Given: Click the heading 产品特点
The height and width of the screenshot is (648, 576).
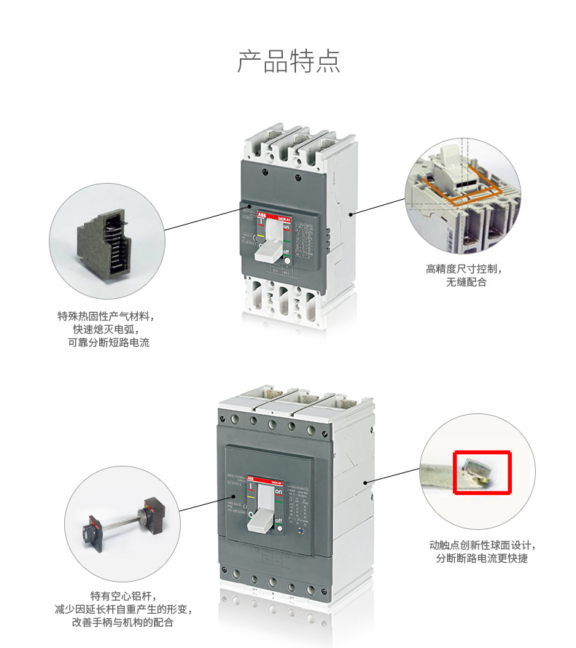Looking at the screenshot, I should [288, 61].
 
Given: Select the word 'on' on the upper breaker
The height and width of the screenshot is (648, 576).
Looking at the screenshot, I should [287, 228].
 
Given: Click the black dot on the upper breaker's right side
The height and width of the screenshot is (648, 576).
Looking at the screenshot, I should [352, 214].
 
